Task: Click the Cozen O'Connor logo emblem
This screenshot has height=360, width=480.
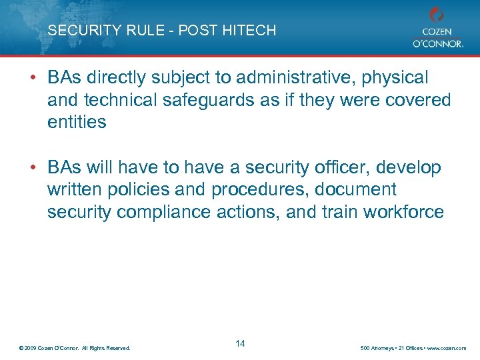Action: click(437, 15)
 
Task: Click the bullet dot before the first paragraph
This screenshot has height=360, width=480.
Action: click(33, 78)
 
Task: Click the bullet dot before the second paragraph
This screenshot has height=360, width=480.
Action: click(33, 168)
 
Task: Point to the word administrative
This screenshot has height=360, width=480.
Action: click(271, 78)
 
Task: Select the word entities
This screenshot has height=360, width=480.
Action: click(77, 122)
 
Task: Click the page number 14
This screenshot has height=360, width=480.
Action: click(240, 343)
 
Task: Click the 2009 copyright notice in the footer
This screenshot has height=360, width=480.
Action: click(75, 348)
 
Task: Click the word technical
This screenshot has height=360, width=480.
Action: click(121, 100)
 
